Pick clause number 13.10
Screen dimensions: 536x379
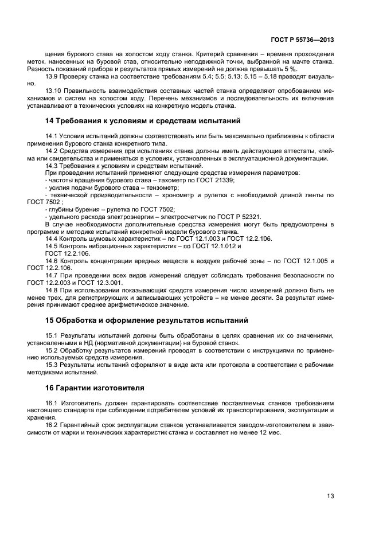[x=54, y=91]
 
